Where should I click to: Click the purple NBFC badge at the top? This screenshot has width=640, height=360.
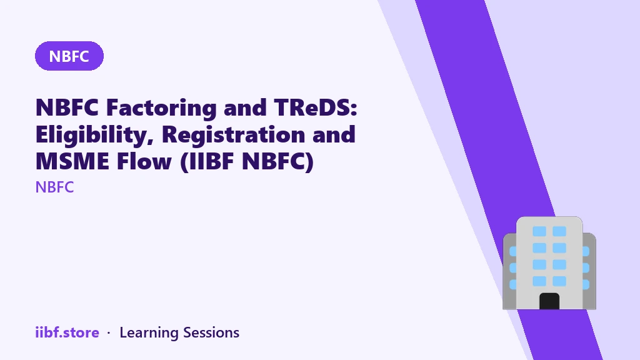pos(69,56)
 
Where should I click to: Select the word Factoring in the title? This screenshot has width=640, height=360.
pos(161,107)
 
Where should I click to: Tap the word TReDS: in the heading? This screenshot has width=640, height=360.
pos(316,107)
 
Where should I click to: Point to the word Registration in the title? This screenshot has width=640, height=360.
pos(234,134)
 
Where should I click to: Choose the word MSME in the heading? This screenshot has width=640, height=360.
pos(72,161)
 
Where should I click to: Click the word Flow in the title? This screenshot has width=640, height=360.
pos(144,161)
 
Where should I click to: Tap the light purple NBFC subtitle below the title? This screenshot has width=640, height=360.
pos(55,187)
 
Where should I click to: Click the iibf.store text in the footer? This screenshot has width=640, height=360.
pos(67,332)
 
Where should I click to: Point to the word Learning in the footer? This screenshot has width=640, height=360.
pos(149,333)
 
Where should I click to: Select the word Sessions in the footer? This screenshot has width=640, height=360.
pos(211,332)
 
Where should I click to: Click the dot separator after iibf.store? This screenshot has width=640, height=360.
pos(109,333)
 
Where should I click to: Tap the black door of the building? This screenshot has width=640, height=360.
pos(549,301)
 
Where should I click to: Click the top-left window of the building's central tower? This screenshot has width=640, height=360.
pos(539,231)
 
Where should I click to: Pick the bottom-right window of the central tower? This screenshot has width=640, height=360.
pos(559,281)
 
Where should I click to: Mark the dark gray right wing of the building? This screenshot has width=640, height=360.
pos(589,271)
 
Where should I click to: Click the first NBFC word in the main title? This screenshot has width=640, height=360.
pos(67,107)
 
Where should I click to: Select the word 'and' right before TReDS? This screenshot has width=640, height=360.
pos(245,107)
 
